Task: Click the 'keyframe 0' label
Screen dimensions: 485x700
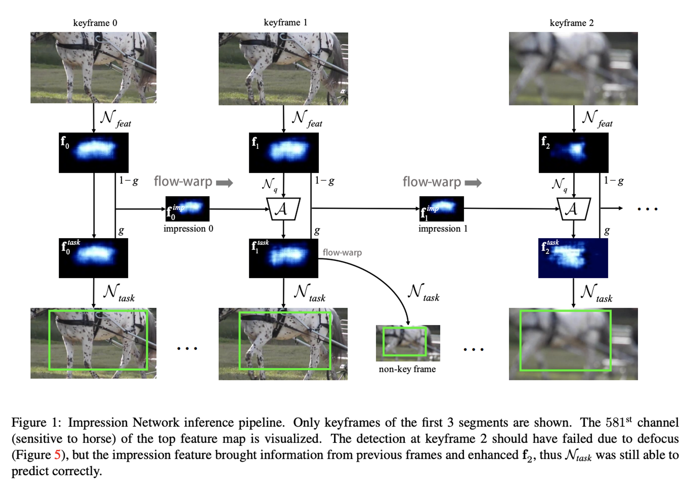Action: [x=95, y=23]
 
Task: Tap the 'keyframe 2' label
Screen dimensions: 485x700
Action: [x=572, y=23]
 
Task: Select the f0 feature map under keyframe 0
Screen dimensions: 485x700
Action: [x=93, y=152]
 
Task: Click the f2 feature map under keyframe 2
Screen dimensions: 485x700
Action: [x=573, y=152]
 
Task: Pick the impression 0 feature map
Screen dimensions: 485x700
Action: [x=188, y=209]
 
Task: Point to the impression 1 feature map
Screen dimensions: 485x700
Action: [x=442, y=209]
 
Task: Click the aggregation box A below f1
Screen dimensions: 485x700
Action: [x=283, y=209]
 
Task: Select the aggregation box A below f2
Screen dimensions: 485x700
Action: [x=573, y=209]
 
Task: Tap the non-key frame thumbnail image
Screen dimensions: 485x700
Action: [x=408, y=343]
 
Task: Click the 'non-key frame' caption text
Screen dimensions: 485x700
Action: [x=407, y=369]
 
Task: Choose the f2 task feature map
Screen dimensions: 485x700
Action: [x=573, y=258]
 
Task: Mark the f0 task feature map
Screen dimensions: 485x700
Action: [x=93, y=258]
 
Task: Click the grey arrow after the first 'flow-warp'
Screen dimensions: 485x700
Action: [x=224, y=183]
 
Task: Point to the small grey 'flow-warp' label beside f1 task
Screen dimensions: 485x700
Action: [x=342, y=252]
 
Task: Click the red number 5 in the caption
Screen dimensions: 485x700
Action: [x=57, y=455]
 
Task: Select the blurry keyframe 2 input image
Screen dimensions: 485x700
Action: [x=573, y=69]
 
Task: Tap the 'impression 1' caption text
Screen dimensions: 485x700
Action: [x=443, y=229]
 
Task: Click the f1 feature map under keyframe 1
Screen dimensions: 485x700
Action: [x=283, y=152]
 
